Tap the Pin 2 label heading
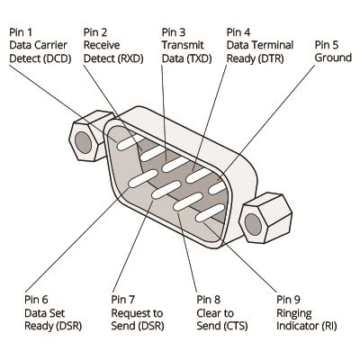pos(95,31)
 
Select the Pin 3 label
pos(174,31)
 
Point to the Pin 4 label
pos(239,31)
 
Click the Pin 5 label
pos(327,43)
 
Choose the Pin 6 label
pos(37,299)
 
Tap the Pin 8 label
pos(209,299)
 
